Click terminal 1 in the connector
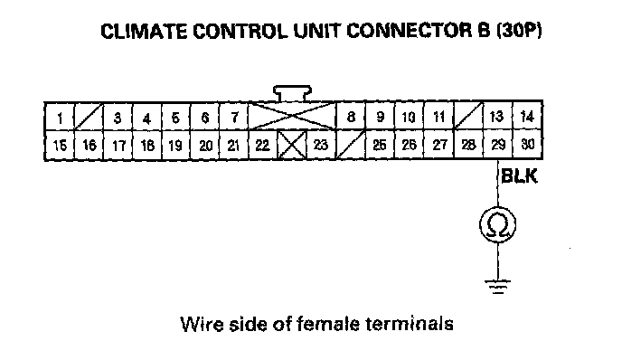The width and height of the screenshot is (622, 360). (60, 118)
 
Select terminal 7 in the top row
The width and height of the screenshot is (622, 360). (234, 118)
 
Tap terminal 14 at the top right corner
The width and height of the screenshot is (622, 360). (527, 117)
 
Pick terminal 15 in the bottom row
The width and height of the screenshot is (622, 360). (60, 146)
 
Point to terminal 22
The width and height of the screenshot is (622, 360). (262, 146)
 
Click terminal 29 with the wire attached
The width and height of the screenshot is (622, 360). (498, 145)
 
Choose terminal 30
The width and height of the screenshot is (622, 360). (527, 145)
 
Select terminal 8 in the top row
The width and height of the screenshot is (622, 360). (351, 117)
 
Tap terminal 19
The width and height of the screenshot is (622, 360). (175, 146)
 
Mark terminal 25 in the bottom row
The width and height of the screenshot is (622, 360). (380, 145)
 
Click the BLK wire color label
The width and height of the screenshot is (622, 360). (519, 175)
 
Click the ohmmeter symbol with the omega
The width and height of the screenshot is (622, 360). (498, 224)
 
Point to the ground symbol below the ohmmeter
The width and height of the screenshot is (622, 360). (498, 287)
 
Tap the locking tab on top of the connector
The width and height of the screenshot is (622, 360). (292, 93)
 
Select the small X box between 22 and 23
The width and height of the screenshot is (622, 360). (292, 146)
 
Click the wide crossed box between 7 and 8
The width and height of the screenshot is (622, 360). (292, 117)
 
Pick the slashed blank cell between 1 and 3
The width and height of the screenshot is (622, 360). (89, 118)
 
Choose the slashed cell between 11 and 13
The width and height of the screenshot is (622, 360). (469, 117)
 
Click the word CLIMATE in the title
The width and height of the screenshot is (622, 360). (144, 32)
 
